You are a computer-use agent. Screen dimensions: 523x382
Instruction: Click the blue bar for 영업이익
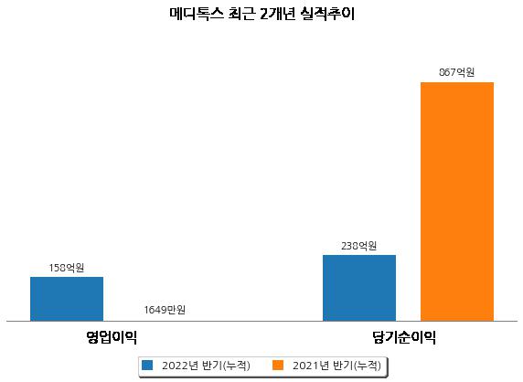click(67, 299)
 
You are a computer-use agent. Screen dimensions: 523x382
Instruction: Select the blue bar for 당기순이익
click(359, 288)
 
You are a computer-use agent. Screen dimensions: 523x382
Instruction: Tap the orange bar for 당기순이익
click(457, 202)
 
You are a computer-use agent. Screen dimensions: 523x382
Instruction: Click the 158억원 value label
click(67, 268)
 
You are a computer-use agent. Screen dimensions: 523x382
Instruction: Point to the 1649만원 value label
click(165, 310)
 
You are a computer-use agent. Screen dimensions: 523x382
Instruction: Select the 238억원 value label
click(359, 246)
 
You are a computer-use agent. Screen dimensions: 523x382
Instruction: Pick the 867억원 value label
click(456, 72)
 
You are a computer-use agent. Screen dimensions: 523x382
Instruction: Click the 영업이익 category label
click(112, 337)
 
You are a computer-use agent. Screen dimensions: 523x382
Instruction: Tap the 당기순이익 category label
click(404, 337)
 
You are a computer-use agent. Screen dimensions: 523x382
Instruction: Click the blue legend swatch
click(147, 365)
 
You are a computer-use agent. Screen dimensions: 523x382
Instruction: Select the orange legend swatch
click(278, 365)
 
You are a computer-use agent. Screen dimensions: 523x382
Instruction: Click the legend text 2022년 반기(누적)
click(206, 366)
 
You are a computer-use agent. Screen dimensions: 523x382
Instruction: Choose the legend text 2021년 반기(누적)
click(336, 366)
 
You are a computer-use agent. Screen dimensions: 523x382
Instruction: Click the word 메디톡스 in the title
click(196, 14)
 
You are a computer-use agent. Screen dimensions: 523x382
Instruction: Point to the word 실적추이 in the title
click(327, 14)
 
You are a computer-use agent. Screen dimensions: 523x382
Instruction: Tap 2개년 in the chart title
click(278, 14)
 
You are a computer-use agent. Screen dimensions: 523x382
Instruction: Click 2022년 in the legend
click(180, 366)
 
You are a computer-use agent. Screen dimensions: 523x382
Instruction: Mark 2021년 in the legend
click(311, 366)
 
